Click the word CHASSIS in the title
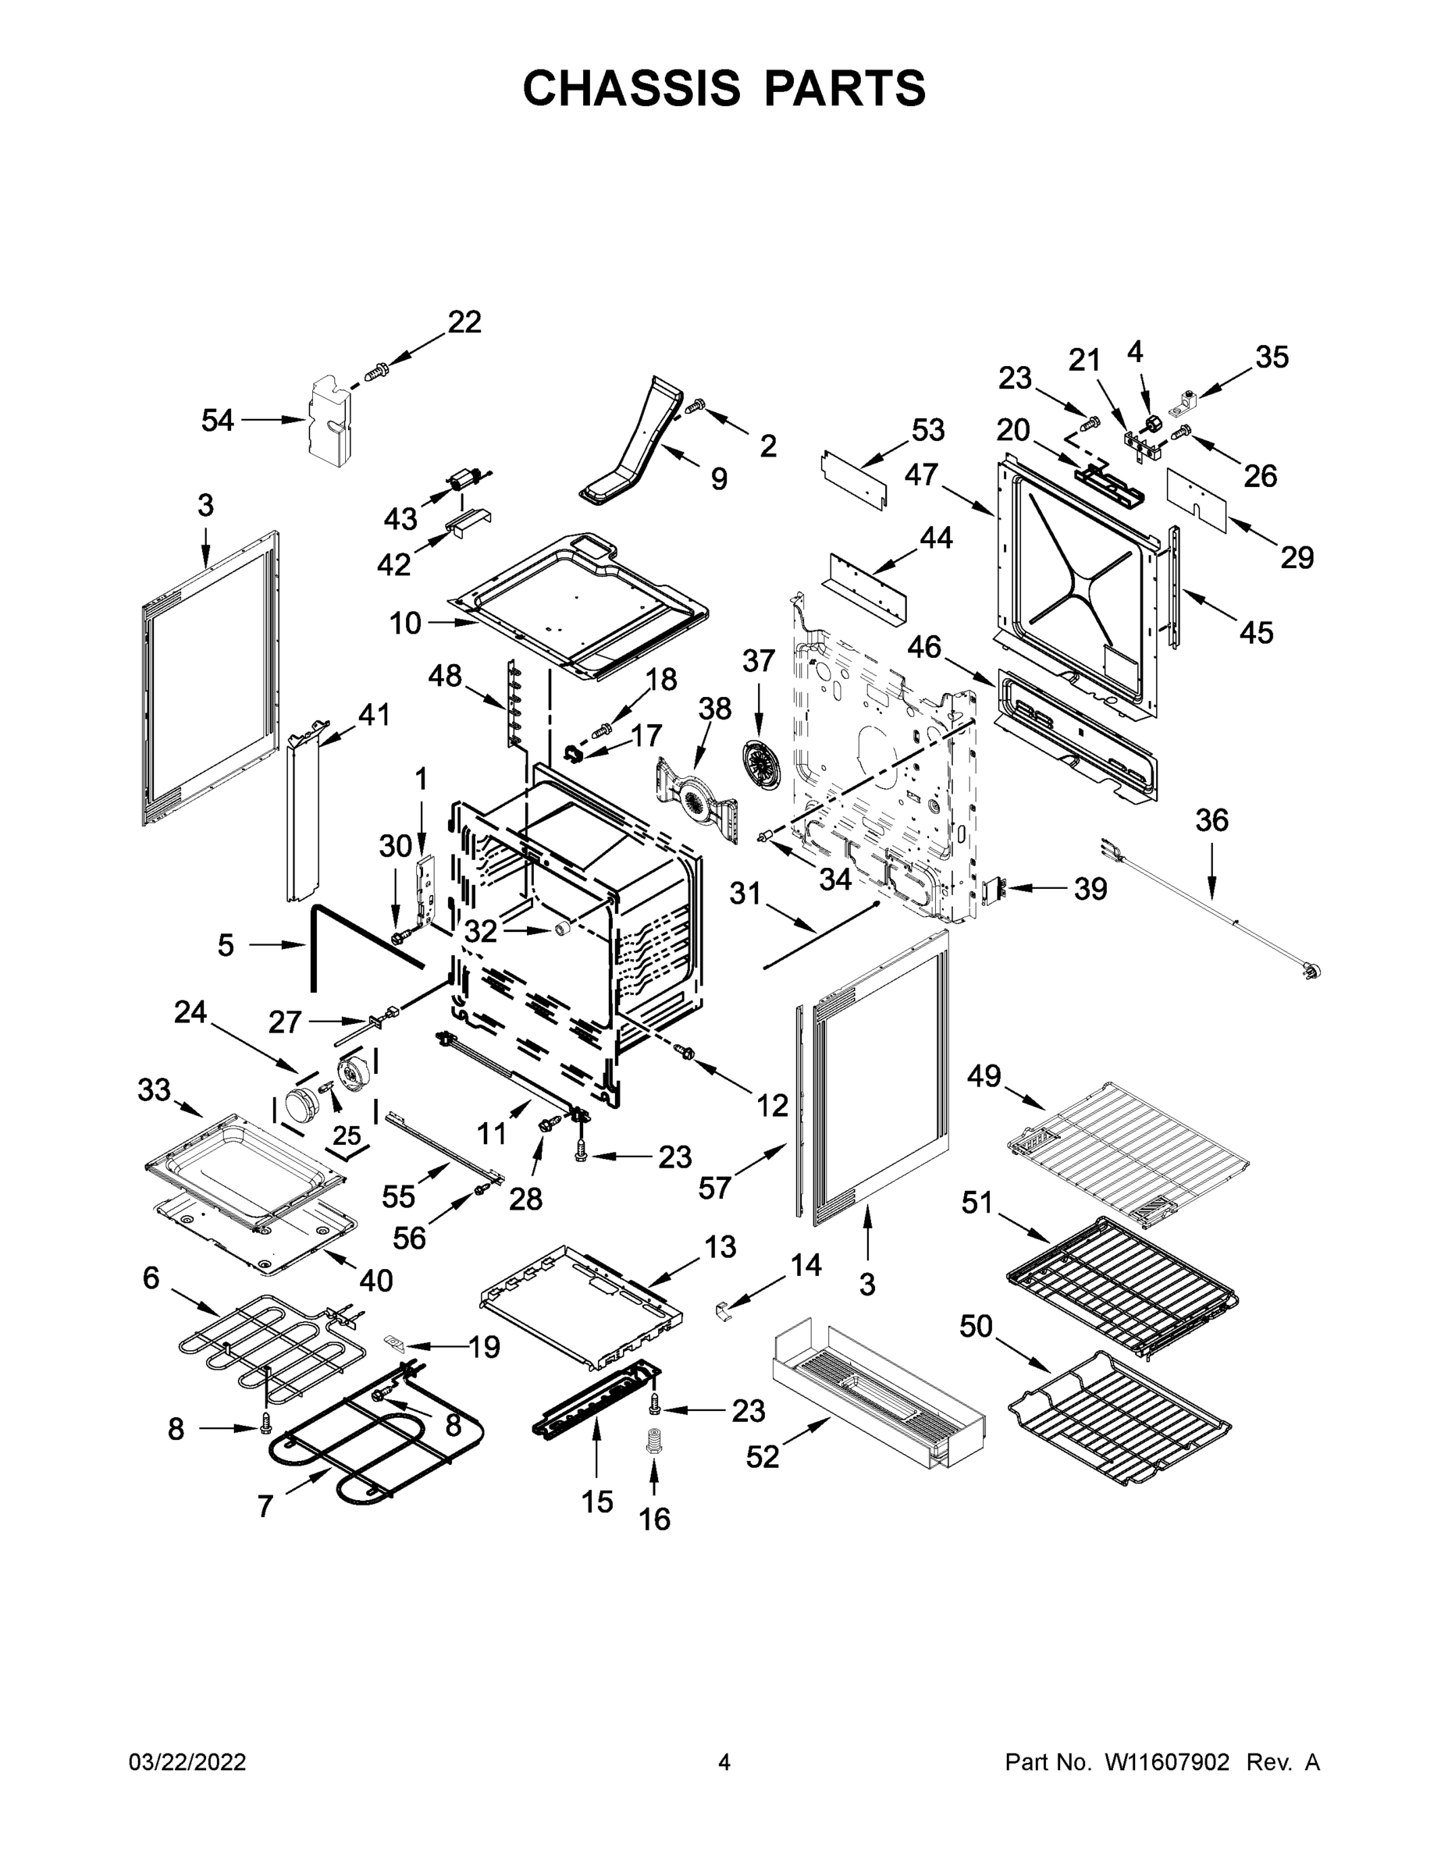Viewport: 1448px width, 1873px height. pos(631,88)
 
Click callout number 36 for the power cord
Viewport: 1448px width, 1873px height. pos(1211,821)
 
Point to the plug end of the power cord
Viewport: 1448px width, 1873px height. pos(1310,970)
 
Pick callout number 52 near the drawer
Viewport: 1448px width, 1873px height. pos(763,1455)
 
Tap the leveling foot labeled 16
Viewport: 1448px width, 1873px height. pos(654,1440)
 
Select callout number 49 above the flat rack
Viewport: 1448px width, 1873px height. pos(984,1075)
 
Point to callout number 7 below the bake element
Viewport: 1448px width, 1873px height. pos(265,1506)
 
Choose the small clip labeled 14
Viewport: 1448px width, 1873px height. pos(723,1310)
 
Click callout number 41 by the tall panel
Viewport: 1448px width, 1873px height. pos(374,713)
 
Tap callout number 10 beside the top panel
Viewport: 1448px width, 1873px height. pos(405,624)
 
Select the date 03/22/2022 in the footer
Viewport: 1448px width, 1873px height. pos(187,1761)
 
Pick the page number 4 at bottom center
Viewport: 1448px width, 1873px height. pos(724,1761)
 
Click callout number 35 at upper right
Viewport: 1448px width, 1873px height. pos(1272,357)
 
